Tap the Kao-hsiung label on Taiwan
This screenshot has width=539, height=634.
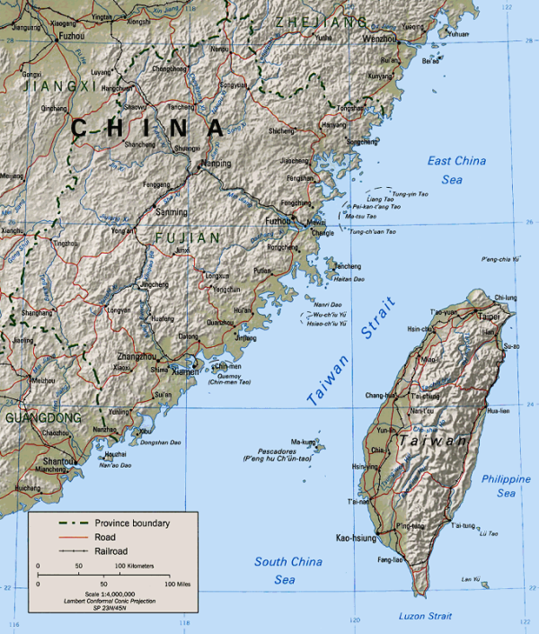[x=355, y=537]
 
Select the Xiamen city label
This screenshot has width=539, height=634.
[x=187, y=371]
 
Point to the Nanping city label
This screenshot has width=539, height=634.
[x=216, y=164]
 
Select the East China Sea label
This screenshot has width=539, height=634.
[x=456, y=170]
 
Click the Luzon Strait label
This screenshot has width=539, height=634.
[x=429, y=615]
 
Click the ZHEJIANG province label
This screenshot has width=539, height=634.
[x=321, y=22]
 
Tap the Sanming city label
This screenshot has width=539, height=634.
[x=172, y=213]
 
